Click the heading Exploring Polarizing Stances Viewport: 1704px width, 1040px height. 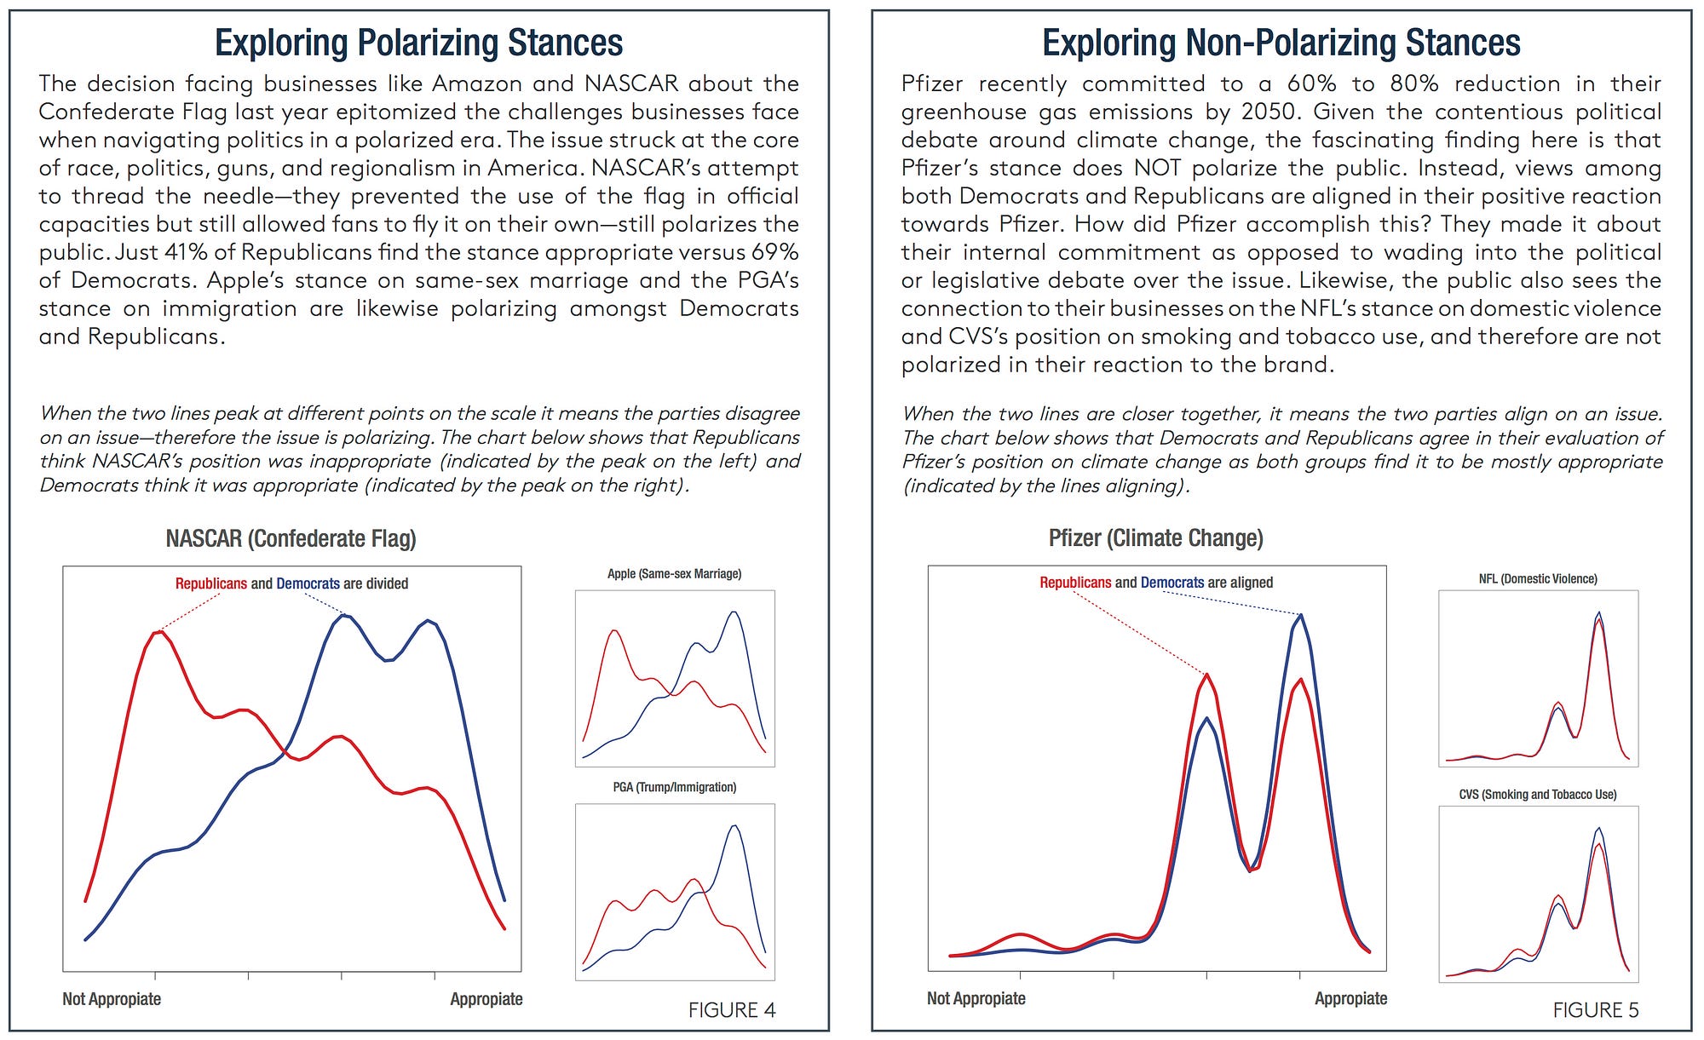[418, 43]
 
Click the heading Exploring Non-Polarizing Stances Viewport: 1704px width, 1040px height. [1281, 43]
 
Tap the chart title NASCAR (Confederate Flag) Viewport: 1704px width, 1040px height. [291, 538]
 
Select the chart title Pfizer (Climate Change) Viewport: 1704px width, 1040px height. [1155, 538]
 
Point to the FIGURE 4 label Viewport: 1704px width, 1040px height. [732, 1010]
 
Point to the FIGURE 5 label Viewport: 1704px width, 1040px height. [1596, 1010]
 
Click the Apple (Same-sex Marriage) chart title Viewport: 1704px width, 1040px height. [674, 574]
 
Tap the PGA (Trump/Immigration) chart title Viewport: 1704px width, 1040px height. [674, 787]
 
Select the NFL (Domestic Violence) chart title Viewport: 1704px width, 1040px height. [1538, 579]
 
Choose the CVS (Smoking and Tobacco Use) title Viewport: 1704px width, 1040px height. [1538, 795]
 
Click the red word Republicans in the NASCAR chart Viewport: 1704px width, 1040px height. [211, 583]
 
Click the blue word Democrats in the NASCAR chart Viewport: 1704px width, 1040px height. [308, 583]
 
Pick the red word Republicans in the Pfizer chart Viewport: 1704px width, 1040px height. [1075, 583]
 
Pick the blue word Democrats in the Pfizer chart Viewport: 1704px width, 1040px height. [1172, 583]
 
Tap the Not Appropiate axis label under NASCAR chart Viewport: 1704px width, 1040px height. [112, 999]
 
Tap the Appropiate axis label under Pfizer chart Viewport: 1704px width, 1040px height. [1350, 998]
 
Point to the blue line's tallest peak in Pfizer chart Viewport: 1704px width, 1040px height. [1301, 615]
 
